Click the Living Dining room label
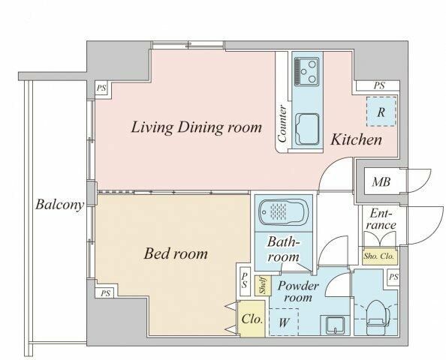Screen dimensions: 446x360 point(196,127)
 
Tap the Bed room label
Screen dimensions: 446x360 point(176,253)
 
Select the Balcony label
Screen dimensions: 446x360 point(60,205)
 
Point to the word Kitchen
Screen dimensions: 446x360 point(356,139)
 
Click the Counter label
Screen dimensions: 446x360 point(282,124)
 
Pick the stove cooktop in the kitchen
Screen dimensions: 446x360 point(306,70)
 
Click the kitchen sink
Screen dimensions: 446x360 point(308,129)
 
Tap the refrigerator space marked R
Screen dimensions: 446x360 point(381,112)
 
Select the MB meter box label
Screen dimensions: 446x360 point(381,181)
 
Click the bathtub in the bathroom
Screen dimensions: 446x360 point(284,212)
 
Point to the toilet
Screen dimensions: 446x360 point(378,316)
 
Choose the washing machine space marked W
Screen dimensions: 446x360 point(284,322)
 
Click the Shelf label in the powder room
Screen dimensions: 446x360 point(263,286)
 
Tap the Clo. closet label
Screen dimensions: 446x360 point(252,319)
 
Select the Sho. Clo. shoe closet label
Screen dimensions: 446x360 point(379,256)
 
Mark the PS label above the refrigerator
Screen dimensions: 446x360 point(379,85)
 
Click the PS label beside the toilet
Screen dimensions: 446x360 point(393,277)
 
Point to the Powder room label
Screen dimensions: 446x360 point(298,292)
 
